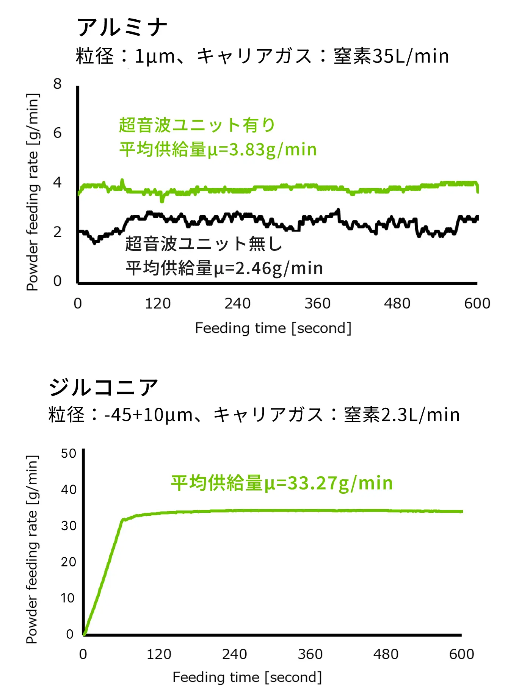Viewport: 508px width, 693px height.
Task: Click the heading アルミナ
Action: [122, 27]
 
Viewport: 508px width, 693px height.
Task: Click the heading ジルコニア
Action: [103, 387]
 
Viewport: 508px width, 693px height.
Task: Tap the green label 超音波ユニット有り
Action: [197, 125]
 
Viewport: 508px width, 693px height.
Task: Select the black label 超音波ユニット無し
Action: [204, 244]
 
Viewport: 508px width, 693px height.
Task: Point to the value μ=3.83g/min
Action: [262, 149]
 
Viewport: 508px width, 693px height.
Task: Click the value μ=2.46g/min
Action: [268, 268]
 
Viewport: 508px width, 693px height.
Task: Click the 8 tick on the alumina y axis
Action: [57, 84]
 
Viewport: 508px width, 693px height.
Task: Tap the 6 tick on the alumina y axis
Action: [57, 133]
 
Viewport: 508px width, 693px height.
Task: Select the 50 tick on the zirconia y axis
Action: [69, 454]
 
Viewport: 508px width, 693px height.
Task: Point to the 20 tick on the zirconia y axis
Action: [69, 562]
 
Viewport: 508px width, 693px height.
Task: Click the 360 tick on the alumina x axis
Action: [317, 303]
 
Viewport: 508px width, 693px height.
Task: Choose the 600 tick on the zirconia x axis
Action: [461, 654]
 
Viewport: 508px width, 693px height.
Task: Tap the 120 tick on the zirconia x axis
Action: [159, 654]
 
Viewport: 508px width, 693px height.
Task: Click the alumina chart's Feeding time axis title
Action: [273, 328]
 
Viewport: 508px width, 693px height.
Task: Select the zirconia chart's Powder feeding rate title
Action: [32, 549]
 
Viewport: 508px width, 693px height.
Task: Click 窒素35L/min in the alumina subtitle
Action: [391, 56]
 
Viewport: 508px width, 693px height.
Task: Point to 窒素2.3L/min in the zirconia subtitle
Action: [401, 415]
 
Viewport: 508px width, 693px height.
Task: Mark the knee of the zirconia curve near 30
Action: [122, 520]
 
